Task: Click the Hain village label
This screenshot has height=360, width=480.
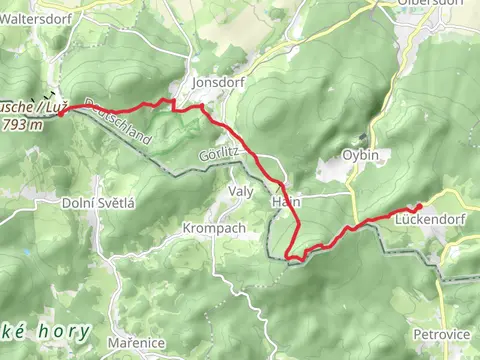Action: click(282, 201)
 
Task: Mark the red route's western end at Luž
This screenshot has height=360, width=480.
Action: click(62, 113)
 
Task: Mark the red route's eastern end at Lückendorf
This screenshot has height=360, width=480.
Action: click(419, 206)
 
